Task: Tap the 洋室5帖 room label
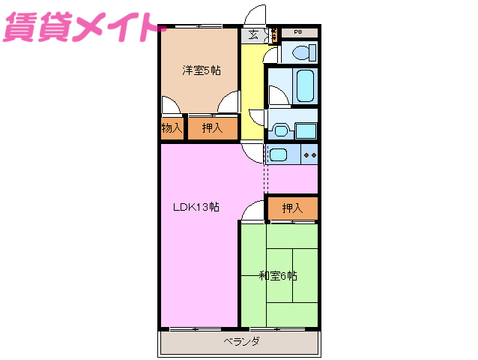click(x=201, y=70)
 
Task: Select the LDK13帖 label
click(x=196, y=207)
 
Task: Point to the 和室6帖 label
click(x=278, y=275)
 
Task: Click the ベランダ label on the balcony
click(x=240, y=342)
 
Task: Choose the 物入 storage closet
click(x=172, y=128)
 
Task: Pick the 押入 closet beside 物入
click(x=212, y=128)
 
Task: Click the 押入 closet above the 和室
click(x=292, y=208)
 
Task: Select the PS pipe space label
click(x=297, y=32)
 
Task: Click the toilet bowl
click(x=301, y=53)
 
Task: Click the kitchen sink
click(x=278, y=155)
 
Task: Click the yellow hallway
click(x=252, y=90)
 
